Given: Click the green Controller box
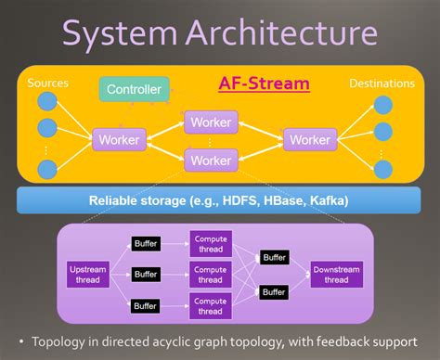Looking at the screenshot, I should tap(134, 90).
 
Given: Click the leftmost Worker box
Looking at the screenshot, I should tap(118, 140).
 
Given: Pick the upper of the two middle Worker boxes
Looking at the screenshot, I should tap(212, 122).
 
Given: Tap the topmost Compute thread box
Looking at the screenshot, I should tap(210, 243).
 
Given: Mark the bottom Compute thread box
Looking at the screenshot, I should tap(210, 304).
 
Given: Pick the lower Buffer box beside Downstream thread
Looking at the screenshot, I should tap(274, 290).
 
